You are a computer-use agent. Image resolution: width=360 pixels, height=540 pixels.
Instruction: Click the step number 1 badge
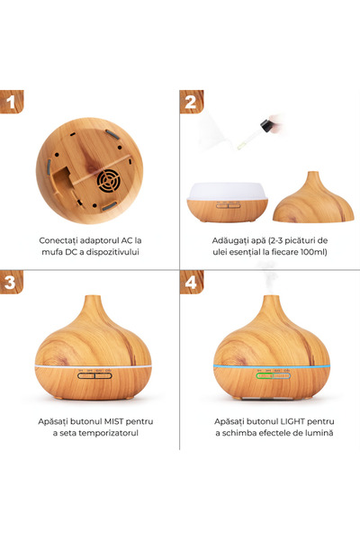click(x=12, y=102)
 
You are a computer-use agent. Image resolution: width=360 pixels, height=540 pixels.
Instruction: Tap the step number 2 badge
click(x=192, y=102)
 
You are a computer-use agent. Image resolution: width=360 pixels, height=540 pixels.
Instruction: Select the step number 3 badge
click(x=12, y=282)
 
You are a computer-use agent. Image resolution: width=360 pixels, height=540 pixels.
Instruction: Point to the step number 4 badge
click(x=192, y=282)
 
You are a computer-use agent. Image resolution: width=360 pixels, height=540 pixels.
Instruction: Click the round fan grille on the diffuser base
click(x=108, y=181)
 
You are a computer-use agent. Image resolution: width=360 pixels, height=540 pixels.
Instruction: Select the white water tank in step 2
click(x=228, y=192)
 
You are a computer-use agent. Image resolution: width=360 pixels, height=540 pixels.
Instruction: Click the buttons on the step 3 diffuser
click(x=94, y=375)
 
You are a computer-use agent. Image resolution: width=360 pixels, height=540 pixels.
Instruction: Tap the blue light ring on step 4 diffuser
click(x=272, y=366)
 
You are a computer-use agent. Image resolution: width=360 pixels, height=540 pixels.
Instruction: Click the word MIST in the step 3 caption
click(x=114, y=421)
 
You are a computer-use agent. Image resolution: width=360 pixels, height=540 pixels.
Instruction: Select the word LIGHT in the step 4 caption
click(x=292, y=421)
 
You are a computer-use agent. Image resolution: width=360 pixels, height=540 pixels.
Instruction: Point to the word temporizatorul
click(x=109, y=433)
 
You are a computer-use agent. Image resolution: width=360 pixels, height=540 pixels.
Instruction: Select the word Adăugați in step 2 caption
click(x=228, y=241)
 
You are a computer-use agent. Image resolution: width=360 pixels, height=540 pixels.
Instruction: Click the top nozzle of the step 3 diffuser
click(x=93, y=298)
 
